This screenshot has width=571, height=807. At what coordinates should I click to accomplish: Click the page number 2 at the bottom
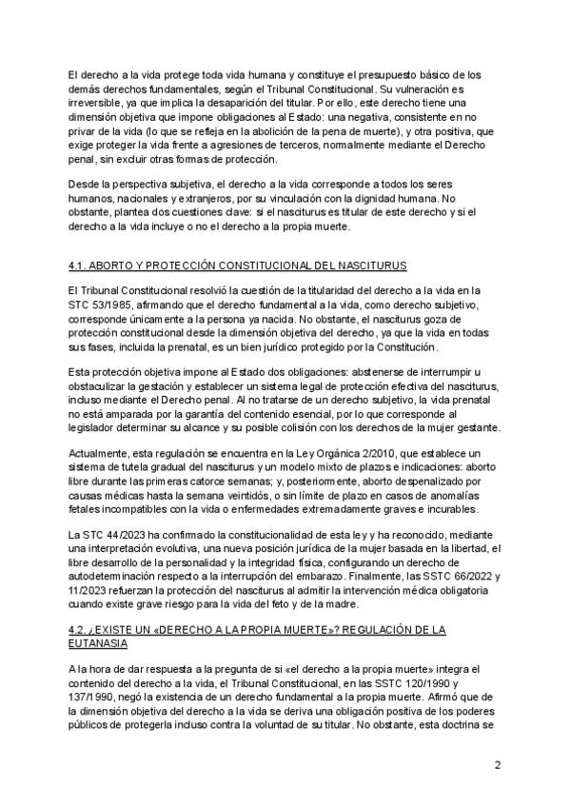(x=498, y=765)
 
